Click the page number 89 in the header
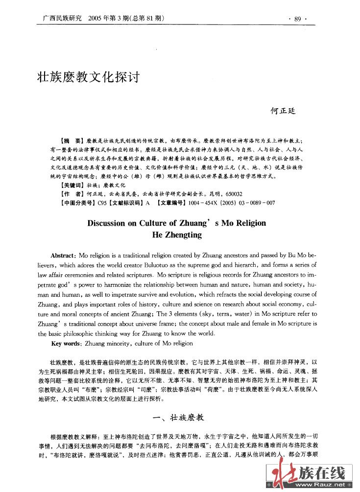pyautogui.click(x=297, y=19)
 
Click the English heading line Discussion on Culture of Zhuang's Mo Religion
pyautogui.click(x=176, y=223)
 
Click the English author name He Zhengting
pyautogui.click(x=177, y=234)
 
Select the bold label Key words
pyautogui.click(x=66, y=344)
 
